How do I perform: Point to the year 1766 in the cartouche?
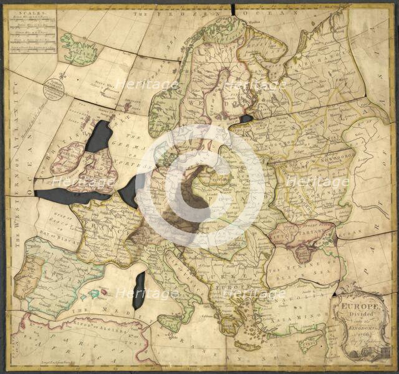point(357,333)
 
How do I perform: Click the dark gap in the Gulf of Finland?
point(246,118)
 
